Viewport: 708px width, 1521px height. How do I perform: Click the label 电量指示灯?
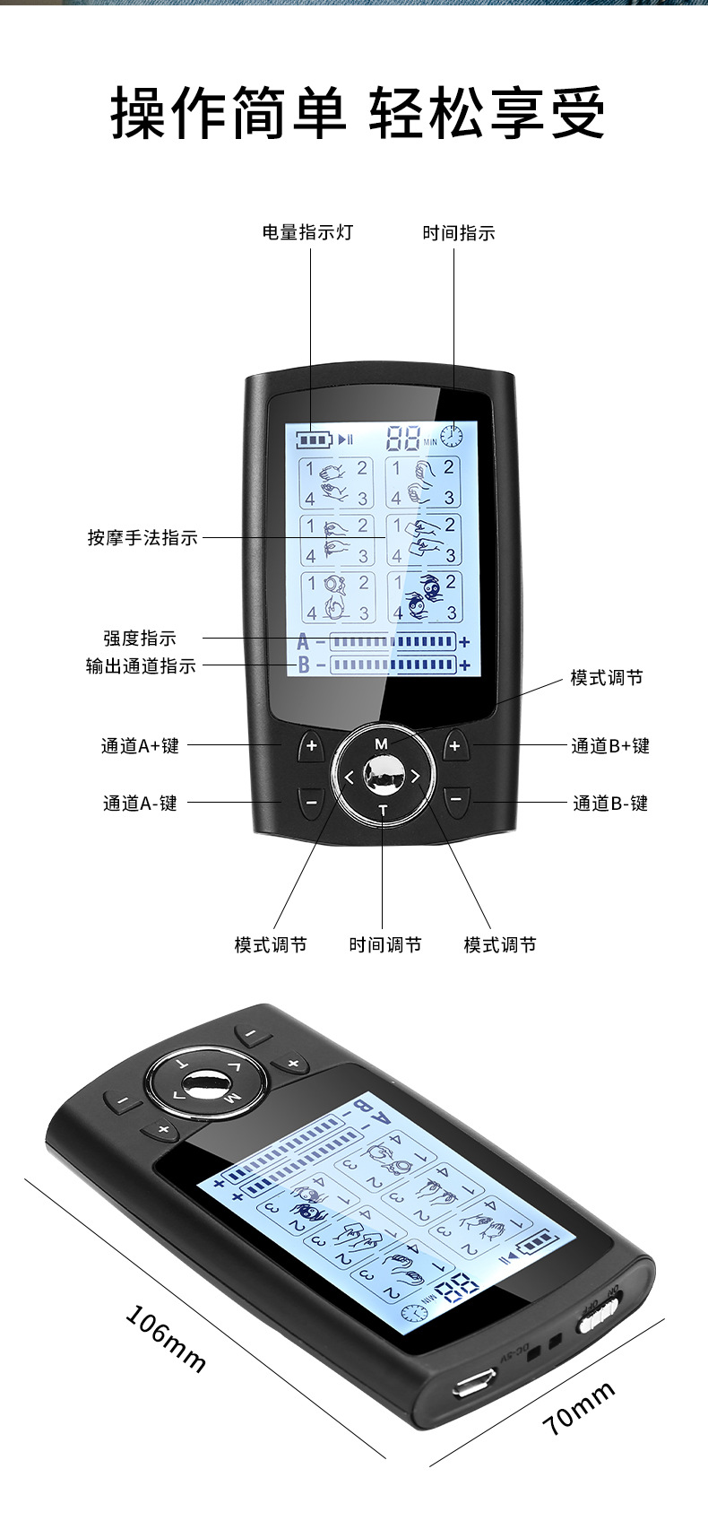307,232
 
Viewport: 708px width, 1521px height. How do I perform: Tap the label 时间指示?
458,233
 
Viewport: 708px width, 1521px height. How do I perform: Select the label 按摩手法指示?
142,537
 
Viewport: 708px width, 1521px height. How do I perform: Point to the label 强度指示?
140,638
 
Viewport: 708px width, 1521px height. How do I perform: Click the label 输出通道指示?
141,665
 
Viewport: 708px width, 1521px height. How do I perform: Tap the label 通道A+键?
140,745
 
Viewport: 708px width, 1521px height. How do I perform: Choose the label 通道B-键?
610,803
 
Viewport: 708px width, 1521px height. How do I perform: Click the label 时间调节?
384,944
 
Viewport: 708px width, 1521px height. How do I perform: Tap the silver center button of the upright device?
383,774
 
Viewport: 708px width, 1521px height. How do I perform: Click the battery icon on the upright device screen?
315,439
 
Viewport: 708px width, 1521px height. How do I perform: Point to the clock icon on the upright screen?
452,437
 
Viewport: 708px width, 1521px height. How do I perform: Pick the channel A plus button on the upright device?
311,745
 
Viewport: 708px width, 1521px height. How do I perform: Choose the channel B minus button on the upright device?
456,798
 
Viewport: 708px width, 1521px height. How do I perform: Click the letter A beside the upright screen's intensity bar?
303,642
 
